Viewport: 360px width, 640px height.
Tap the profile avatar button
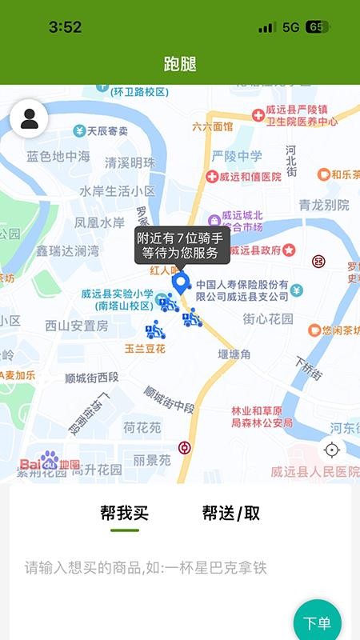click(29, 119)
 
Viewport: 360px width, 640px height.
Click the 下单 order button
click(317, 622)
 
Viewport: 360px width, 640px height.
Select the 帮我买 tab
click(124, 514)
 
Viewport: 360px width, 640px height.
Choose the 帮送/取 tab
click(230, 514)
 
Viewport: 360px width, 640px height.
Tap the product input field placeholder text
click(145, 568)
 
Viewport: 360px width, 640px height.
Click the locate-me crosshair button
click(332, 450)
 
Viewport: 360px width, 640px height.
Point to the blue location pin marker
click(182, 282)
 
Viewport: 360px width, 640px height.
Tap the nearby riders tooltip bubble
click(182, 245)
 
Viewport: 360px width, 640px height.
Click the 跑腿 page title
click(180, 65)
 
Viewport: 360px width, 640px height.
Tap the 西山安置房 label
click(76, 326)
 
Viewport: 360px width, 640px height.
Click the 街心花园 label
click(268, 318)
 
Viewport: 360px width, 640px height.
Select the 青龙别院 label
click(324, 206)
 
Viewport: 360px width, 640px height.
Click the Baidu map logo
click(50, 463)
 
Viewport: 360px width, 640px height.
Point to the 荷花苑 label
click(142, 428)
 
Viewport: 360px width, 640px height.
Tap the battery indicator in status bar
click(317, 27)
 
